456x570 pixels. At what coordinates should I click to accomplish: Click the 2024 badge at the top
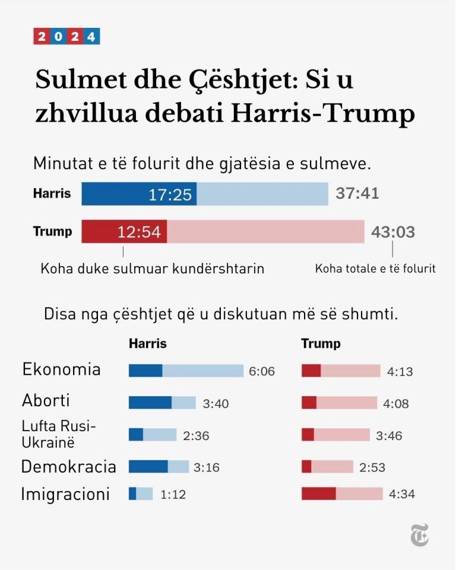[66, 37]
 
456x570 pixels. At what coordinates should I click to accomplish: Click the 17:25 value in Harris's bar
[170, 195]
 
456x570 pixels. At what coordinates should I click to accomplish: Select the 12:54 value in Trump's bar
[139, 232]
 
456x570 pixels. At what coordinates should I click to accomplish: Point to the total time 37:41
[357, 193]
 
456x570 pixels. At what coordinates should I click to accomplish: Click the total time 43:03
[392, 232]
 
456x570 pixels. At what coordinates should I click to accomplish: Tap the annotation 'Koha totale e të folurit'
[375, 269]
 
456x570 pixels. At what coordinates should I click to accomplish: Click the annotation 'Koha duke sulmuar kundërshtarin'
[152, 269]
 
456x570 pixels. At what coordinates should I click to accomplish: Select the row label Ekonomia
[61, 370]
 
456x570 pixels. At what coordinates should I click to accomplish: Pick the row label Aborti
[46, 400]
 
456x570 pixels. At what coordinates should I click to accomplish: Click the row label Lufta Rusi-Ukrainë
[58, 434]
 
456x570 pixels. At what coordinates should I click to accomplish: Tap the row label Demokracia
[68, 466]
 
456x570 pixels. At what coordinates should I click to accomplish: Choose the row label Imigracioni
[65, 494]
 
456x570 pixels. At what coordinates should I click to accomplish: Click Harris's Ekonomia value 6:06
[262, 372]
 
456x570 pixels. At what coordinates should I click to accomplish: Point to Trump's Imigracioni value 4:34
[402, 495]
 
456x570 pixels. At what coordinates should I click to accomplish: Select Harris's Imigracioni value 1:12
[173, 495]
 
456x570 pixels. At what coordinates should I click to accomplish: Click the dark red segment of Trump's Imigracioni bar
[319, 493]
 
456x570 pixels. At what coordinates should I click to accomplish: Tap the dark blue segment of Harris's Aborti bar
[150, 403]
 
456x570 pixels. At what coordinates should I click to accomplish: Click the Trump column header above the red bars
[321, 344]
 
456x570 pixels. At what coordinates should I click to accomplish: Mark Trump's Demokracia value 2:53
[372, 467]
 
